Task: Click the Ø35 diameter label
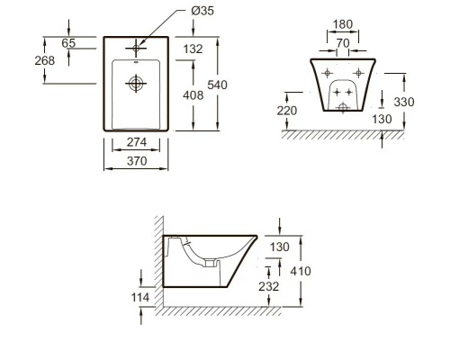pos(202,11)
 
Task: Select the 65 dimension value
pos(68,43)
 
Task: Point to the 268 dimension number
pos(45,60)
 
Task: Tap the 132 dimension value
pos(193,49)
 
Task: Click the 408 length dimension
pos(193,95)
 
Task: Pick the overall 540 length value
pos(217,85)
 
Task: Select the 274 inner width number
pos(137,142)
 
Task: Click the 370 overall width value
pos(137,161)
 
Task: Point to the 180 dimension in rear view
pos(343,24)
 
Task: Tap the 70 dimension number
pos(343,43)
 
